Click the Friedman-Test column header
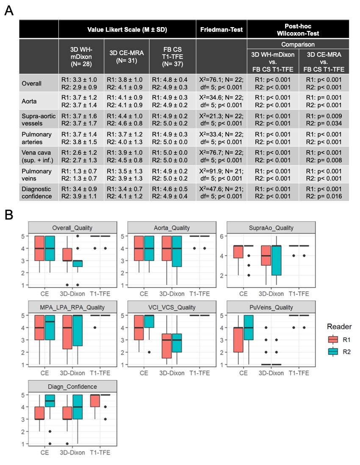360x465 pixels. [x=222, y=30]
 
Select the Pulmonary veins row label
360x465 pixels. [x=37, y=175]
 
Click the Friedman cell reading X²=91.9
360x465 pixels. [x=222, y=175]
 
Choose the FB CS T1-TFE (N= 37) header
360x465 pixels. [x=173, y=56]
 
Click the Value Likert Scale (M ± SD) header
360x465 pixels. [x=127, y=30]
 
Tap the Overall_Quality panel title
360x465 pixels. [x=72, y=228]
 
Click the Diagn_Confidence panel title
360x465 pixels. [x=72, y=386]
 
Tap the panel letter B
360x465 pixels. [x=9, y=215]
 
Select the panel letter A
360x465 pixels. [x=9, y=11]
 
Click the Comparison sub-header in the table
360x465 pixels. [x=298, y=44]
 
